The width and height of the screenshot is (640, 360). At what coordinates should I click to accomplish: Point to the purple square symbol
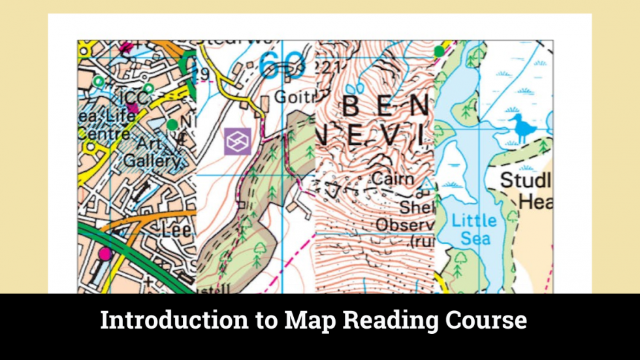pos(237,141)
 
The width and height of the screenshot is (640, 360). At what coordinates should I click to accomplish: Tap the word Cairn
pos(392,178)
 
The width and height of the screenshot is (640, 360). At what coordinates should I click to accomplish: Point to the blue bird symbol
pos(522,127)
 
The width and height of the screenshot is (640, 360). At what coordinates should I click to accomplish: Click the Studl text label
pos(526,180)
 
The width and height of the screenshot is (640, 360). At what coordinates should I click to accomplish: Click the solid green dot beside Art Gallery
pos(172,124)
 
